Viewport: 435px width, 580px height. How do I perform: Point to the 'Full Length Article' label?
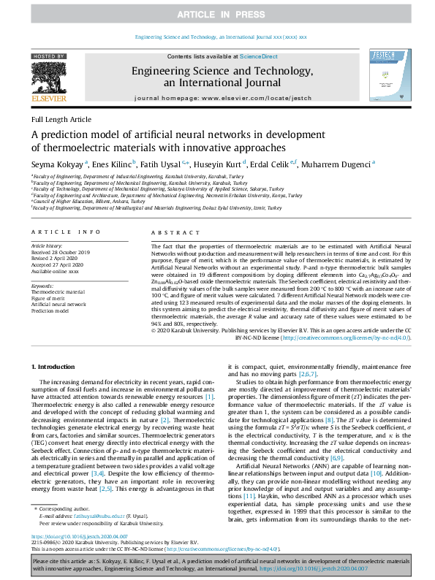click(61, 119)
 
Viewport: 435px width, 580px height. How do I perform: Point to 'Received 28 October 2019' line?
click(61, 253)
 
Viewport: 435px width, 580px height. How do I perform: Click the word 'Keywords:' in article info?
click(42, 286)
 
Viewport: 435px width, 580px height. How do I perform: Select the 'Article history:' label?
click(48, 247)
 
